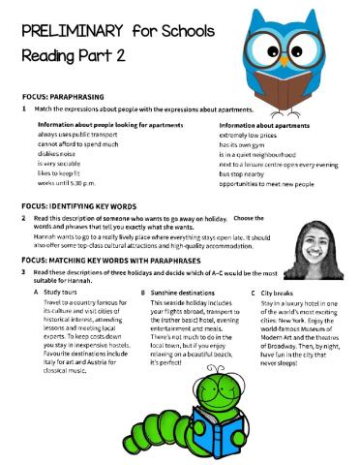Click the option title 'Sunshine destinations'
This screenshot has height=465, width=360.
point(183,292)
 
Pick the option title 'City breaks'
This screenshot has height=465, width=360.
point(278,292)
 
